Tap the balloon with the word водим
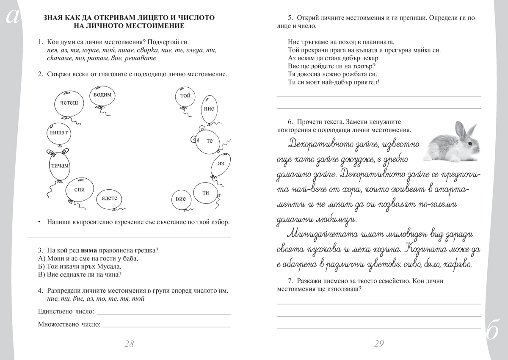pyautogui.click(x=102, y=95)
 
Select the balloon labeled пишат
pyautogui.click(x=58, y=133)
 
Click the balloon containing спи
pyautogui.click(x=79, y=190)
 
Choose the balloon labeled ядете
pyautogui.click(x=109, y=198)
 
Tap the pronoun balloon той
pyautogui.click(x=185, y=96)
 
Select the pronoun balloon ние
pyautogui.click(x=209, y=108)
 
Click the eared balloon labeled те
pyautogui.click(x=209, y=141)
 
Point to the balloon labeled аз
pyautogui.click(x=220, y=163)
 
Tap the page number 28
pyautogui.click(x=129, y=343)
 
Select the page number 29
pyautogui.click(x=379, y=343)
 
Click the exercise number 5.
pyautogui.click(x=290, y=18)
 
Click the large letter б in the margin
pyautogui.click(x=493, y=332)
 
